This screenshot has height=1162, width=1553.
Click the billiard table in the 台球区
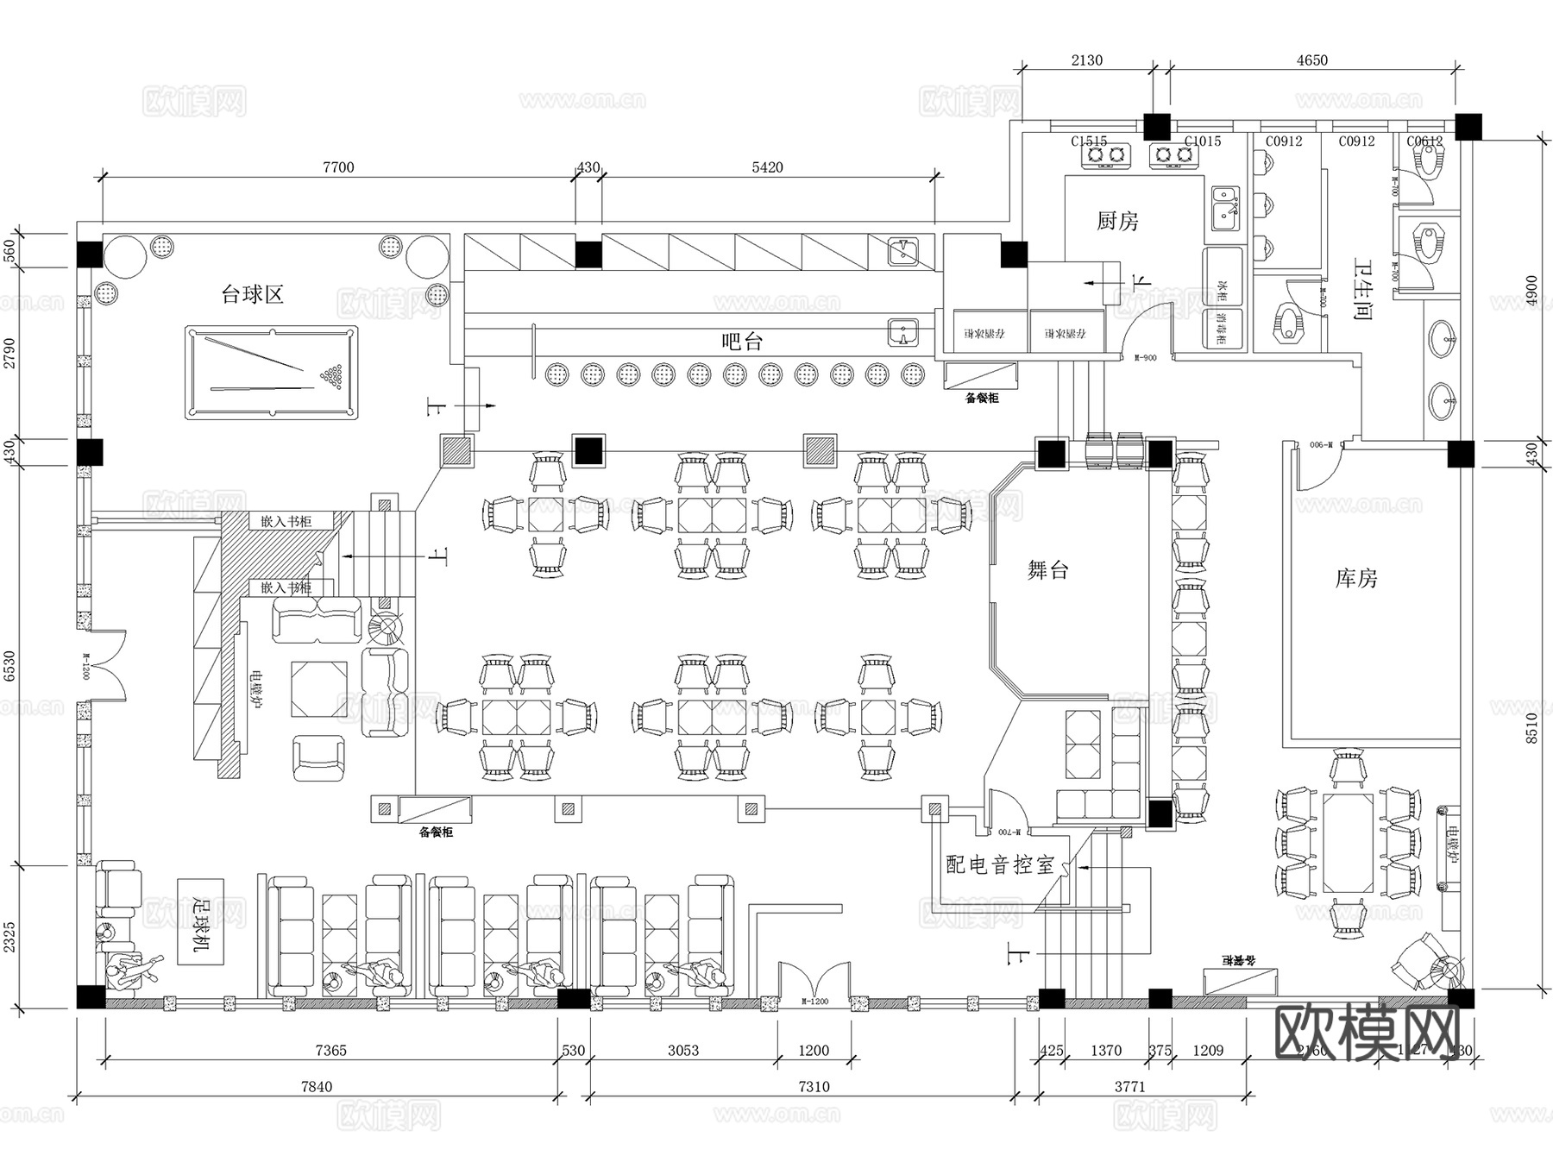tap(271, 372)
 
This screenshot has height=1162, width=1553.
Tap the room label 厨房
tap(1117, 222)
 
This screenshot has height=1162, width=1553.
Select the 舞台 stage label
tap(1048, 570)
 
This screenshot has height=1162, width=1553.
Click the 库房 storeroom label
tap(1356, 579)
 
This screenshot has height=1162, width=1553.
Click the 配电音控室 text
tap(1000, 865)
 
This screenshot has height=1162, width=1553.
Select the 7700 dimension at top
tap(337, 167)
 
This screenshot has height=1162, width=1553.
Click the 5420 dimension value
tap(766, 167)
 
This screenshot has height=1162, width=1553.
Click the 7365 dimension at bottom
tap(330, 1051)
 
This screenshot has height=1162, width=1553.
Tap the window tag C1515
tap(1089, 141)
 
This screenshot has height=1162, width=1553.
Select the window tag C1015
tap(1202, 141)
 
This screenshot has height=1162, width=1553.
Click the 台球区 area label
tap(253, 295)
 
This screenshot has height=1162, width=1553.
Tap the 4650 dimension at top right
tap(1311, 60)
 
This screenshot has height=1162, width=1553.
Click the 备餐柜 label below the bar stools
tap(982, 399)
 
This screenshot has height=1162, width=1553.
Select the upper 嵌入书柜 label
tap(286, 522)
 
